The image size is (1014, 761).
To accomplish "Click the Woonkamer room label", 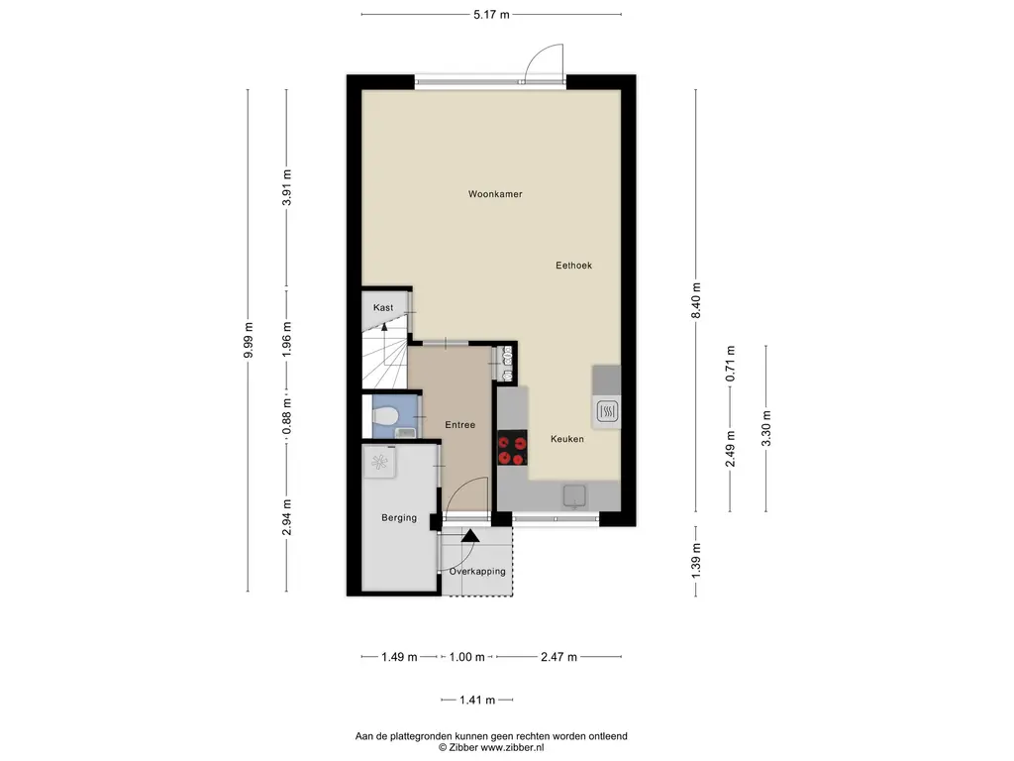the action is pyautogui.click(x=495, y=194).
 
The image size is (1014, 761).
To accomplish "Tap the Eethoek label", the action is pyautogui.click(x=573, y=266).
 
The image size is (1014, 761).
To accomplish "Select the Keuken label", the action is pyautogui.click(x=567, y=439).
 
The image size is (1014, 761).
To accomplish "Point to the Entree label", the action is pyautogui.click(x=459, y=425).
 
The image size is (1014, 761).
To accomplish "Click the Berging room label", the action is pyautogui.click(x=399, y=517).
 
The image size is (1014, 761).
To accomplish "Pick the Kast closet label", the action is pyautogui.click(x=383, y=308).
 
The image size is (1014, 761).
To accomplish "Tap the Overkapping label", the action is pyautogui.click(x=477, y=572).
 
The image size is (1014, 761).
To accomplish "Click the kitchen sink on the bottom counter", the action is pyautogui.click(x=574, y=496).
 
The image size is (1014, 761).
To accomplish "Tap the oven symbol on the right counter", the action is pyautogui.click(x=607, y=411).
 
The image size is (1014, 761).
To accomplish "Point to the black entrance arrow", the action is pyautogui.click(x=470, y=535).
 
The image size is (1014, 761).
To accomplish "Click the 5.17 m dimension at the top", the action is pyautogui.click(x=491, y=14).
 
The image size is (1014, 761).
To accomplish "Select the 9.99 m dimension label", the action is pyautogui.click(x=249, y=340).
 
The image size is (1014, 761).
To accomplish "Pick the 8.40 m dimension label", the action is pyautogui.click(x=696, y=301).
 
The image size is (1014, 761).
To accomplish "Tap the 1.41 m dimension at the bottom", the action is pyautogui.click(x=477, y=701).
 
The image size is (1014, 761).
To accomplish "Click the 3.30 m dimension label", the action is pyautogui.click(x=766, y=428).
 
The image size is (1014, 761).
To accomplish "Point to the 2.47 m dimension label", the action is pyautogui.click(x=558, y=658).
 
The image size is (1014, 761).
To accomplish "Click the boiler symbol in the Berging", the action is pyautogui.click(x=379, y=462).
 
